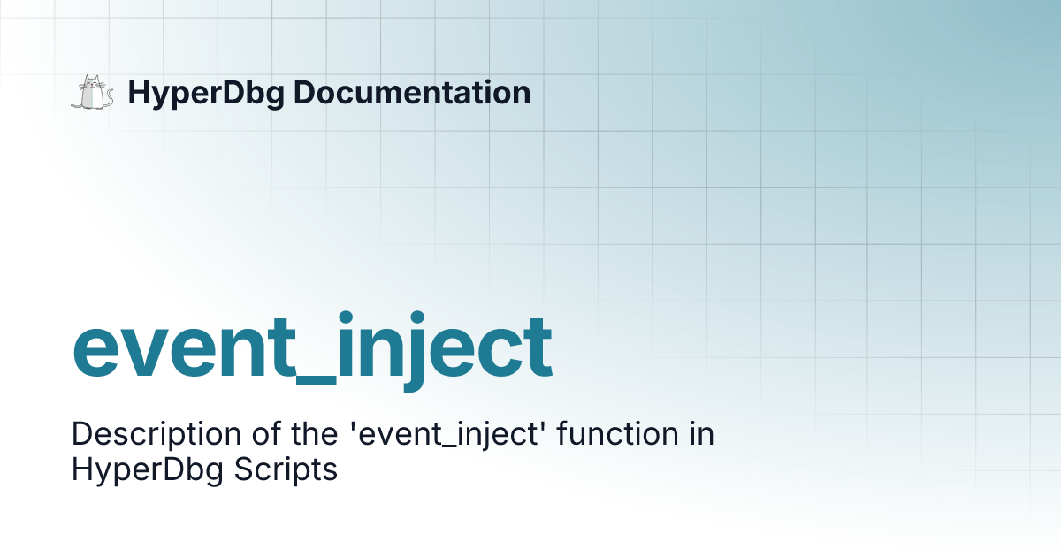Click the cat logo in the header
[92, 93]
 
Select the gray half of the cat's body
[86, 98]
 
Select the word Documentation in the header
[412, 93]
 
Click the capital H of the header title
[138, 93]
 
